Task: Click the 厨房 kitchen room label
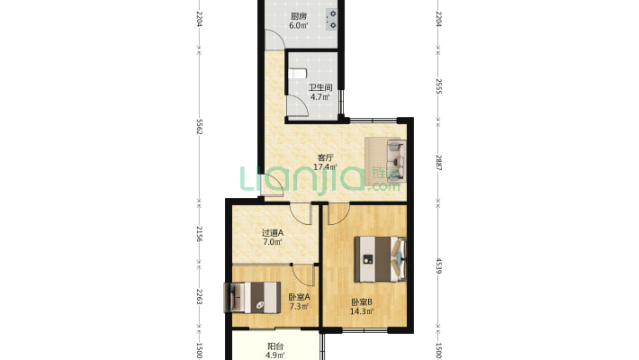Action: click(x=299, y=17)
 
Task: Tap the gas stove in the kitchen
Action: click(x=332, y=20)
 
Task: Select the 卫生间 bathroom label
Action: click(x=320, y=87)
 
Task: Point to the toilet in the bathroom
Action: click(x=298, y=74)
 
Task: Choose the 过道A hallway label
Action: click(x=272, y=233)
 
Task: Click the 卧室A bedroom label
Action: click(x=299, y=297)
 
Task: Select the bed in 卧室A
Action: click(x=253, y=298)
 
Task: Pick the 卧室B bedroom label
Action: click(x=362, y=302)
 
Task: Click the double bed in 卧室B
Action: click(x=380, y=259)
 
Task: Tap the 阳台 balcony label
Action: click(x=275, y=346)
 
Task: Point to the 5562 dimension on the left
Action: click(x=199, y=127)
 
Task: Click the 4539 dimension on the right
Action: click(x=438, y=265)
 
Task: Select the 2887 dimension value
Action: click(x=438, y=162)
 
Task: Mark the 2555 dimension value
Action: click(x=438, y=86)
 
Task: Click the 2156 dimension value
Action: click(x=199, y=234)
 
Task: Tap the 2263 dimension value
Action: click(x=199, y=297)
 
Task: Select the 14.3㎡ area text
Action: click(x=362, y=312)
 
